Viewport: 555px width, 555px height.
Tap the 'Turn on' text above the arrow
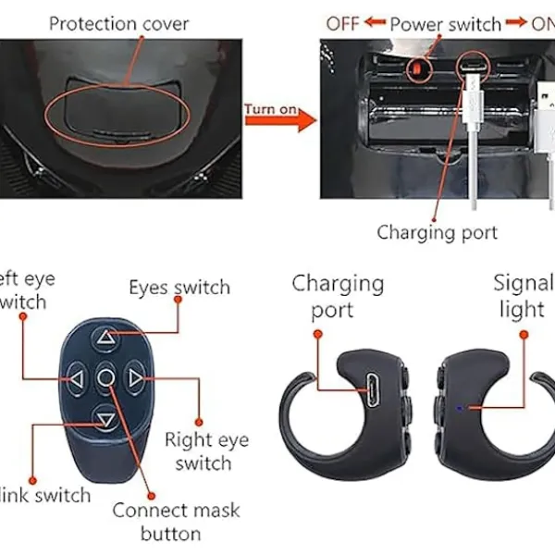270,110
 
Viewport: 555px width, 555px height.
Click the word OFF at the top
342,23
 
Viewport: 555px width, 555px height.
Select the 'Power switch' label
445,23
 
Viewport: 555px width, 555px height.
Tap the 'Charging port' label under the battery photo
437,232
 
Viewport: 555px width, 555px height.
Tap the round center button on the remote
106,377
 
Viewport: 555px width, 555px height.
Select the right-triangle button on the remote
136,377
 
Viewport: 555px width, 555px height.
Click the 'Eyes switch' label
179,288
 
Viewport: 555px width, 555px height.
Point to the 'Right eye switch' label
205,451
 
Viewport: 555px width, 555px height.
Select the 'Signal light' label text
524,295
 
